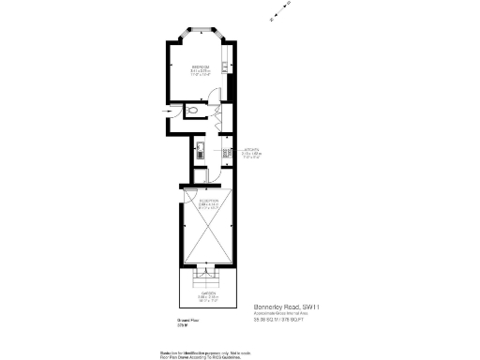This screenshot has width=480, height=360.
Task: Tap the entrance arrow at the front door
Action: coord(169,112)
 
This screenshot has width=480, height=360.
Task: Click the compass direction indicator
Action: coord(278,12)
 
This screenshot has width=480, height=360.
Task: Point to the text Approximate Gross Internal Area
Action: coord(286,313)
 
